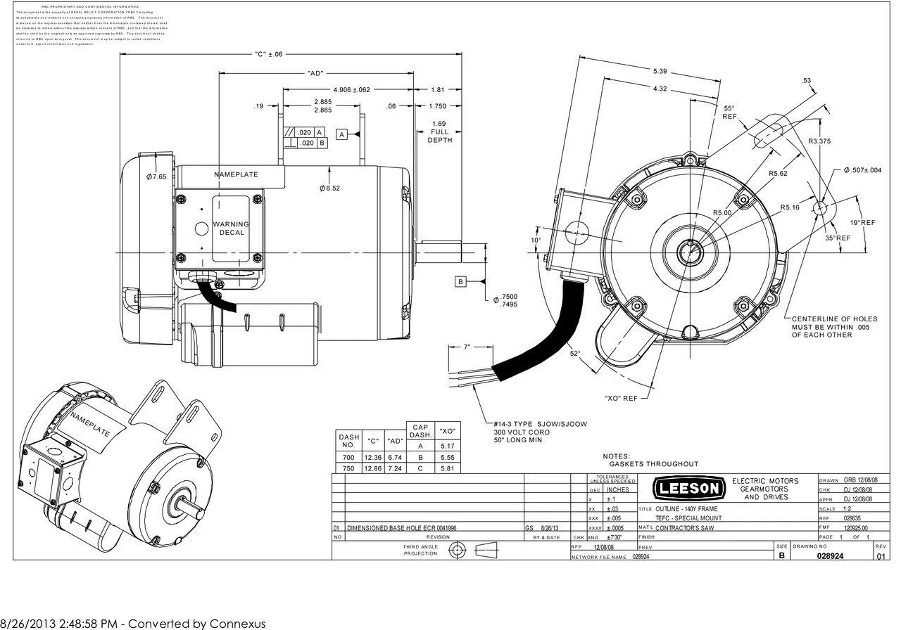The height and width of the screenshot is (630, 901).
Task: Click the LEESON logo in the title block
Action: tap(688, 487)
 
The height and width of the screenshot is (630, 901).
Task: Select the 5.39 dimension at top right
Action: tap(660, 72)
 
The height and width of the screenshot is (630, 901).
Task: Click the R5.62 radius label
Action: tap(777, 173)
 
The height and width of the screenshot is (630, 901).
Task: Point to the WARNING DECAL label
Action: tap(231, 228)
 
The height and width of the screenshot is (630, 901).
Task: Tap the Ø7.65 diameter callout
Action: tap(156, 176)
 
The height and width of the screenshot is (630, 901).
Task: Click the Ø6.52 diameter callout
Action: tap(329, 188)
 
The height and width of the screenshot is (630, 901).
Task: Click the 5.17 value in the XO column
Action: tap(446, 446)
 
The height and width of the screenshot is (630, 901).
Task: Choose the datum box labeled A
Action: tap(341, 134)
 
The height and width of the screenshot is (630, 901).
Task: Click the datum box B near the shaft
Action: tap(460, 282)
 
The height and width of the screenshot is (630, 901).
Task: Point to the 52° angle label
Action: tap(575, 354)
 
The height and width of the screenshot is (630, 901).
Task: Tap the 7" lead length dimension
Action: tap(467, 347)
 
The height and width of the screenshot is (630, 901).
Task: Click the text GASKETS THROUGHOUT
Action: tap(653, 464)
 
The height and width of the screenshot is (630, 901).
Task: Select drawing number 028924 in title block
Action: tap(830, 555)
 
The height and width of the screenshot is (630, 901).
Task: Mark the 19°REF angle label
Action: tap(862, 222)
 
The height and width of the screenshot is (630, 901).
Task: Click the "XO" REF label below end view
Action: tap(621, 399)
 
